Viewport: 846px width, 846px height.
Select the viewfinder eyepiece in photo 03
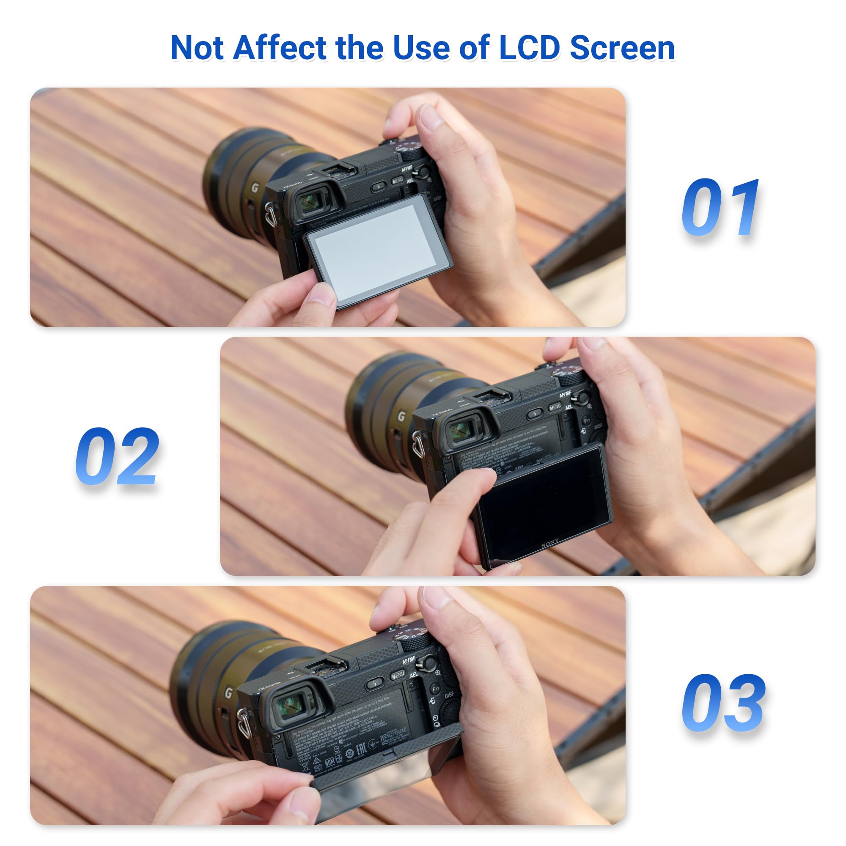pos(291,707)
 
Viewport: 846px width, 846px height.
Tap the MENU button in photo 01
pos(397,181)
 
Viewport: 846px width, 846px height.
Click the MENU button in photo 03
pos(398,676)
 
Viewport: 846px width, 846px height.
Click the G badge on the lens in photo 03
pos(228,693)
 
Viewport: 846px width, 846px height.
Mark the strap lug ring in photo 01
pos(270,214)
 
